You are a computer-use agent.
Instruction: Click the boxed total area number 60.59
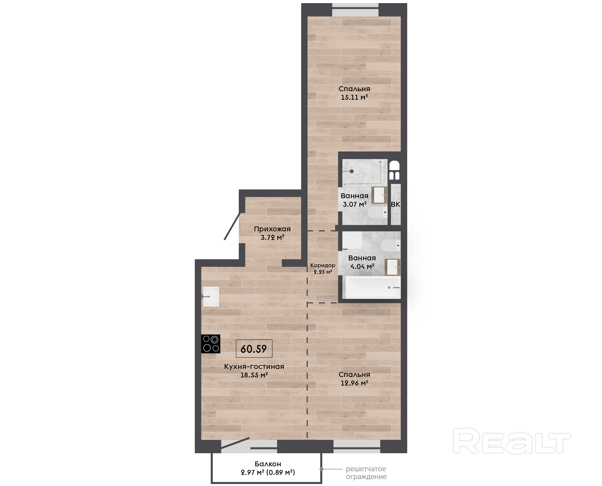[254, 348]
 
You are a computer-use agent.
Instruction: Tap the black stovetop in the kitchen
[211, 344]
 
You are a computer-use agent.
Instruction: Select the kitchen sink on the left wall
[211, 296]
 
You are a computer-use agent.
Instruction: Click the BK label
[395, 204]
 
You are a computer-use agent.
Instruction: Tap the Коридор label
[323, 265]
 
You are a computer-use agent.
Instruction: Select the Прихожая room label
[272, 229]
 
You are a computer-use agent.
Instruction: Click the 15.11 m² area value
[354, 97]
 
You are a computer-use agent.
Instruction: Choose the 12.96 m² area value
[354, 383]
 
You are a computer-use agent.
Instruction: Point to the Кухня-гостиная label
[254, 367]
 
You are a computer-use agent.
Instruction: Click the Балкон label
[268, 464]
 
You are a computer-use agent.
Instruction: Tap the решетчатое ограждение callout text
[366, 473]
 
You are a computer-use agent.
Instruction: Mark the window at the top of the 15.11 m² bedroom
[355, 10]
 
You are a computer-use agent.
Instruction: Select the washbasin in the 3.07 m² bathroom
[379, 195]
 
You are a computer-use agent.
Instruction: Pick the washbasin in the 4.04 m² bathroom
[393, 267]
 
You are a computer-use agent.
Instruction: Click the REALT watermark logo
[511, 440]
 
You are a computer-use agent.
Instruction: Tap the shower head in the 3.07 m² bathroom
[351, 171]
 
